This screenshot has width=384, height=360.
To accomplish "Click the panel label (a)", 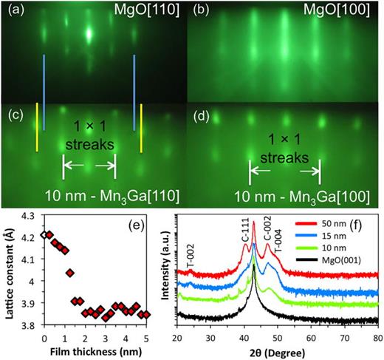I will tap(13, 10).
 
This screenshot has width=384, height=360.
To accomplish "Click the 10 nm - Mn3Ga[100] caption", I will tap(289, 196).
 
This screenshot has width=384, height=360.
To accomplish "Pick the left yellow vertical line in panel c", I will tap(37, 129).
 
